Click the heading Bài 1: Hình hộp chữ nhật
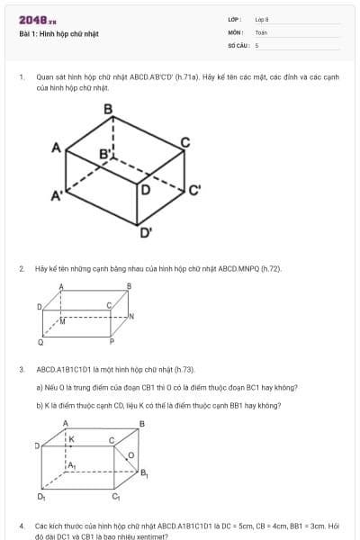coord(58,34)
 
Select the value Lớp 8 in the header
coord(262,19)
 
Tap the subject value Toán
coord(261,31)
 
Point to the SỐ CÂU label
coord(238,44)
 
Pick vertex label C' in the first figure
coord(194,190)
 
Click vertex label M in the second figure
coord(63,320)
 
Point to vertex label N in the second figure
coord(131,317)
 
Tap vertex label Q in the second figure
coord(40,343)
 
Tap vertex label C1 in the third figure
coord(115,496)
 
